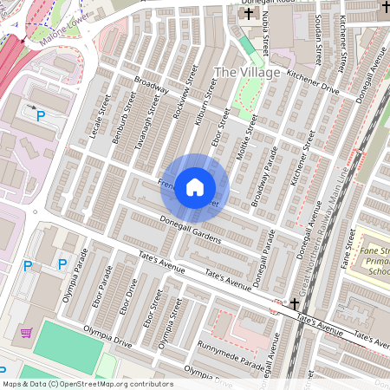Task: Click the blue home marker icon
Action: pos(195,186)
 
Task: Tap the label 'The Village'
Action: pos(247,73)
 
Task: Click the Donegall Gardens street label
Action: pos(191,227)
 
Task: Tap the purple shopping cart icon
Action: pos(26,332)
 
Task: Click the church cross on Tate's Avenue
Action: pos(296,303)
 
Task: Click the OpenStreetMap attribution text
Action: pos(87,383)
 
